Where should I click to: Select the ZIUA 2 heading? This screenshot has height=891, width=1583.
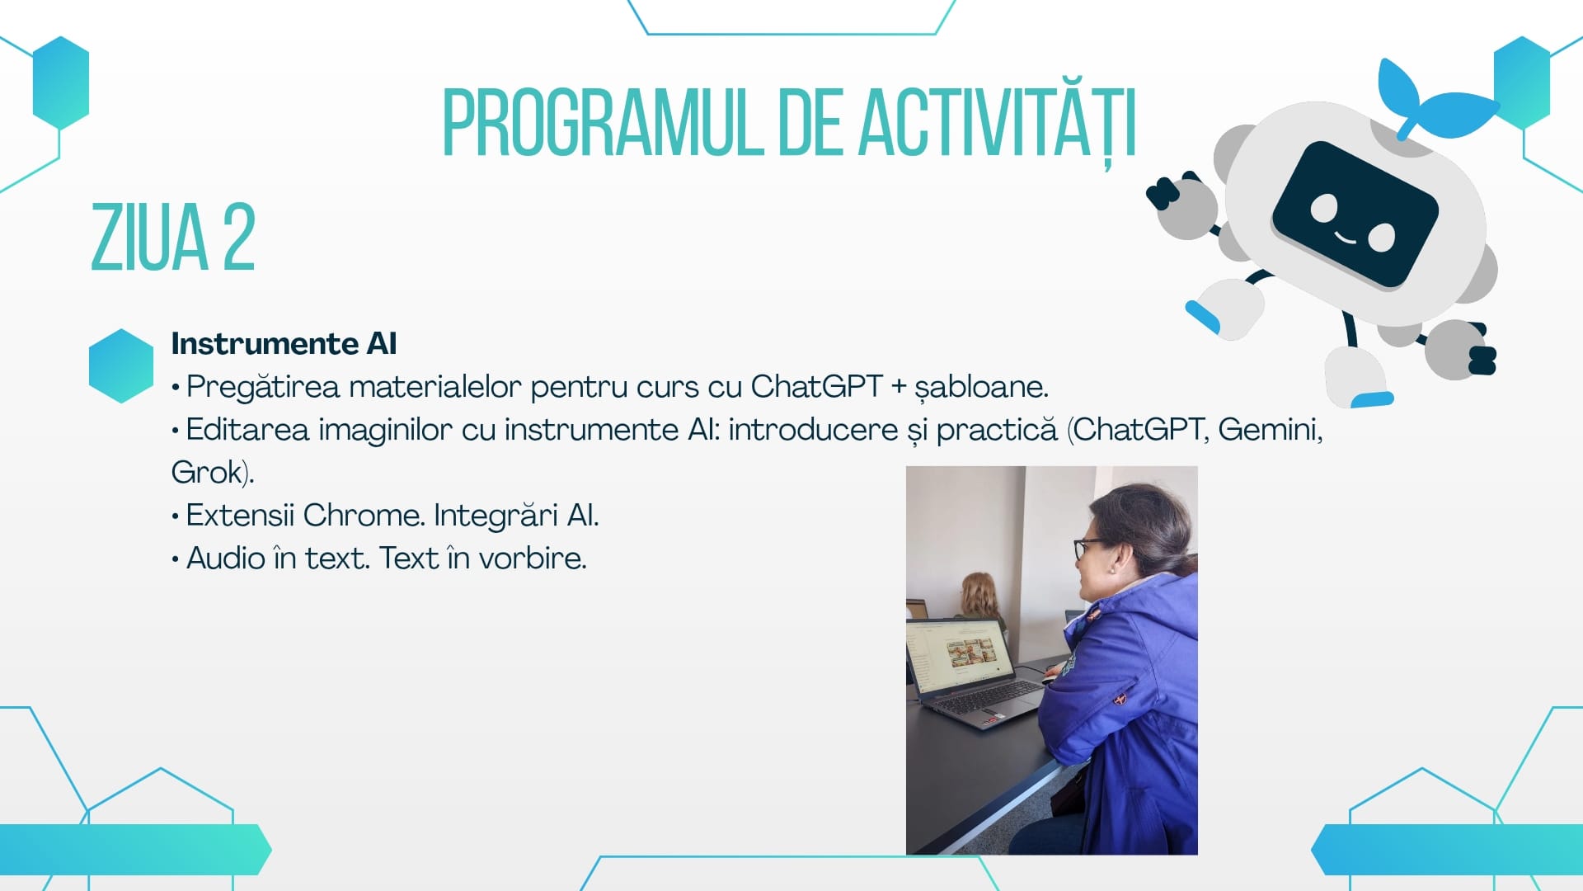point(173,238)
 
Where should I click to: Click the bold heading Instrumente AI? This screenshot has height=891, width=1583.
point(284,343)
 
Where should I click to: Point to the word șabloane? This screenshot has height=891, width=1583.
point(981,386)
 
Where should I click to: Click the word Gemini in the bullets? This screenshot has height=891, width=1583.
point(1270,430)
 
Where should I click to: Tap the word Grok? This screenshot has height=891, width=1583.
point(207,472)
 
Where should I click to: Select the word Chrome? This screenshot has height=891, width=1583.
point(364,515)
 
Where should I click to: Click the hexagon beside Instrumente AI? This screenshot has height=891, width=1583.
point(121,365)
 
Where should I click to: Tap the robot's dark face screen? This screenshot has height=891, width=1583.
point(1355,214)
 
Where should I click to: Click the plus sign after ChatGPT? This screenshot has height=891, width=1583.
point(899,386)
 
